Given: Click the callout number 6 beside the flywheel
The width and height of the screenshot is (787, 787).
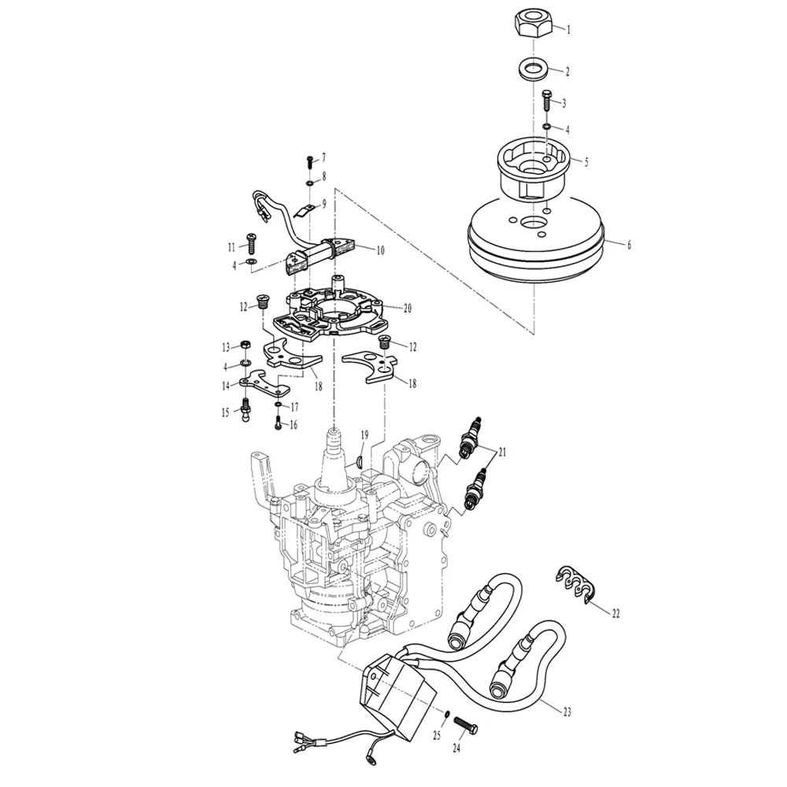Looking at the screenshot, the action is click(629, 245).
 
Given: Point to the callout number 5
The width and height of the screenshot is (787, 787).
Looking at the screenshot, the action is click(586, 162).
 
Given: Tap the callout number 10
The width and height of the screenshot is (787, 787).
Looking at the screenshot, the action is click(380, 249).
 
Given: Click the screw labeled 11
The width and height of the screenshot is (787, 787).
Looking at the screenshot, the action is click(250, 243).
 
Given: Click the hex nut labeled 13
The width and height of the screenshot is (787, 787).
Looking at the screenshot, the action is click(246, 345).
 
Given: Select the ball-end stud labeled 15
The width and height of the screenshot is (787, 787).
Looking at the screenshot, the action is click(246, 409).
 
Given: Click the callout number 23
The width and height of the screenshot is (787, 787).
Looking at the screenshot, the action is click(567, 711).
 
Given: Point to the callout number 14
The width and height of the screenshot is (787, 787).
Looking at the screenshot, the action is click(227, 386).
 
